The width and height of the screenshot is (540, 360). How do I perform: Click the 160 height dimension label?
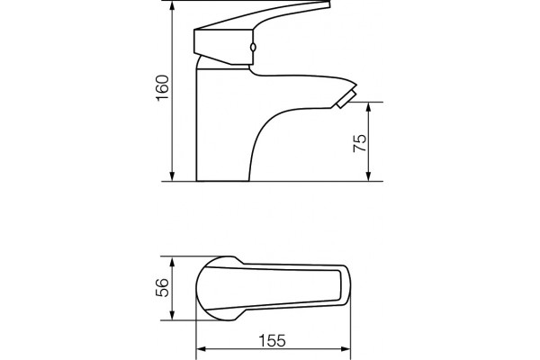pos(163,88)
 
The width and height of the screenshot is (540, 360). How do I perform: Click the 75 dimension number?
pos(360,143)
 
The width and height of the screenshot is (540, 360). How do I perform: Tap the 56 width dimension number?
pos(162,288)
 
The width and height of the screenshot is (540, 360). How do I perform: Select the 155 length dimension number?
pos(272,341)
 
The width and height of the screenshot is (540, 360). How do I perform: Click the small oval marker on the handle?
pos(253,48)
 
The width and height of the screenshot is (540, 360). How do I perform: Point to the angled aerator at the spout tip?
pos(346,100)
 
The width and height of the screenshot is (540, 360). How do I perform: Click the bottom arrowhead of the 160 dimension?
pos(173,176)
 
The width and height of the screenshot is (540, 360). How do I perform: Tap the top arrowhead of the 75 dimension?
pos(369,107)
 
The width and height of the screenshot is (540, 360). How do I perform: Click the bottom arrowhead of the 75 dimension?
pos(369,176)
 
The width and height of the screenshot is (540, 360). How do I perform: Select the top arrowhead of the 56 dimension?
pos(173,261)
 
